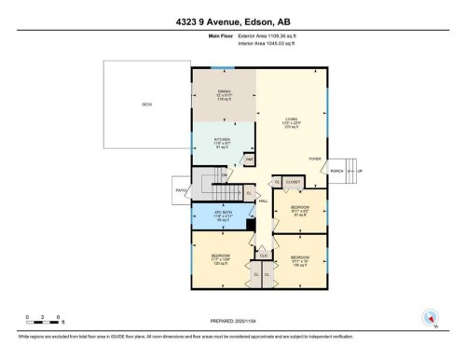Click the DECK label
click(146, 104)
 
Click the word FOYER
click(316, 159)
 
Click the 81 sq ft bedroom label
click(298, 210)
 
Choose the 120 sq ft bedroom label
click(220, 258)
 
